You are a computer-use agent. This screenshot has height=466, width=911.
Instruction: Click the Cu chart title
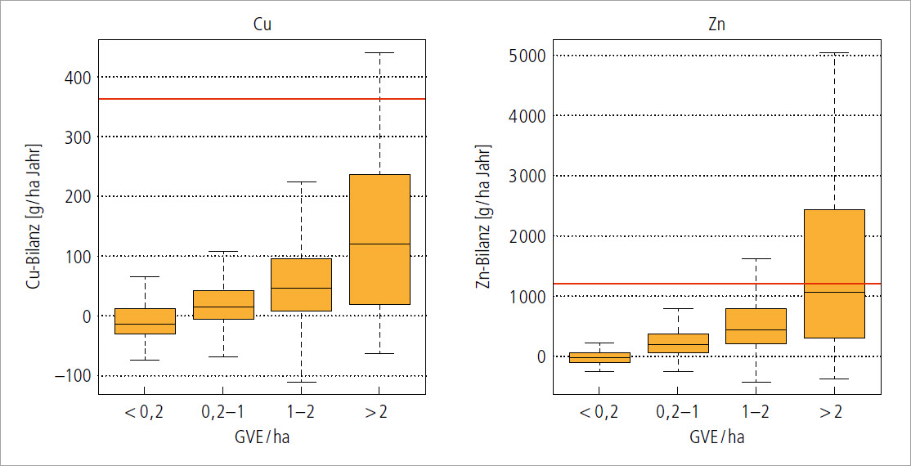262,25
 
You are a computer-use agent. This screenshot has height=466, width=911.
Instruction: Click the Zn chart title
716,25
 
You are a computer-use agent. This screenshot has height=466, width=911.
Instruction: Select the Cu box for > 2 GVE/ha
379,239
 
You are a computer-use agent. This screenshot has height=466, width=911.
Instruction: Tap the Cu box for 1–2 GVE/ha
301,285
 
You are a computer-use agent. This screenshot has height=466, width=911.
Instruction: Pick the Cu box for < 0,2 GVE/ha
144,321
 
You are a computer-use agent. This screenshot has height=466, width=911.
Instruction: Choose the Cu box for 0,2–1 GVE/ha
223,304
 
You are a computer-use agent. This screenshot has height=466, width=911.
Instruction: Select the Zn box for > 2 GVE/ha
834,274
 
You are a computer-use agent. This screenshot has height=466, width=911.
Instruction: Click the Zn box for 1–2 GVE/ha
756,326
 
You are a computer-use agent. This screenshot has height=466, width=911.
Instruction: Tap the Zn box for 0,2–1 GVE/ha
678,343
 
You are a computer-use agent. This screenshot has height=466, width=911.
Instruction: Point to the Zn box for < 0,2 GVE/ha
599,357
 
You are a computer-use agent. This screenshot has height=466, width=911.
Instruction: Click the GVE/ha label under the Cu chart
262,437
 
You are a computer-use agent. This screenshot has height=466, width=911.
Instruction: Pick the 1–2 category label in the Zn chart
756,413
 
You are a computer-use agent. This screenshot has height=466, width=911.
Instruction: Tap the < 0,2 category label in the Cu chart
144,413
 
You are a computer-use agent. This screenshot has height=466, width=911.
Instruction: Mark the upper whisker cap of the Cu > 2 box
379,52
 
